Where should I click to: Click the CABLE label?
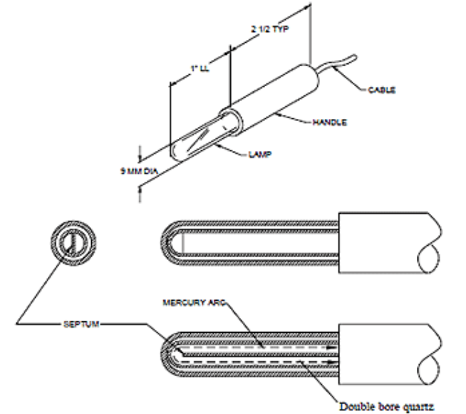(x=383, y=89)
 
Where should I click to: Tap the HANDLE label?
(x=329, y=123)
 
